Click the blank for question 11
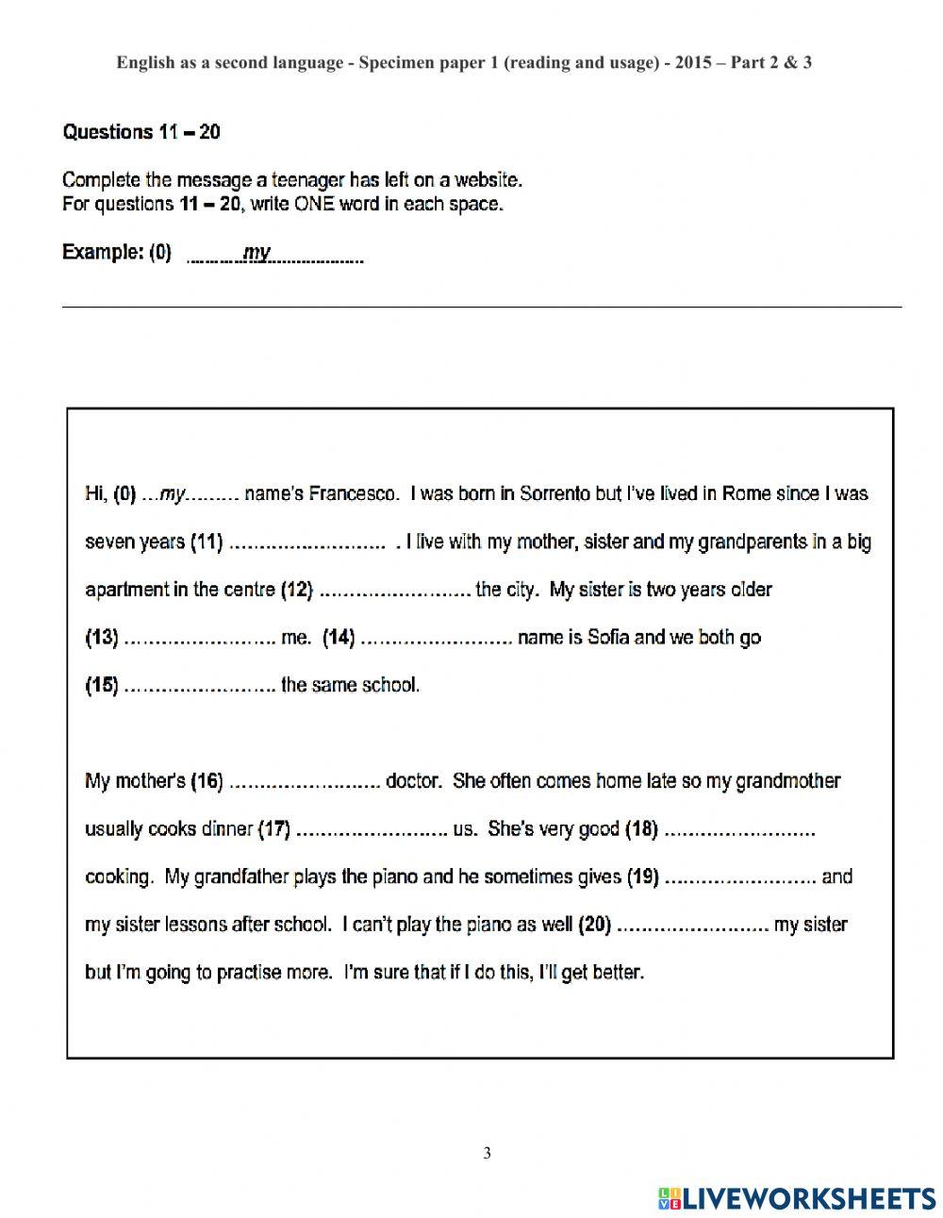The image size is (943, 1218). (307, 543)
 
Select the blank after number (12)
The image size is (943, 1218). (395, 592)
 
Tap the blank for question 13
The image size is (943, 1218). (199, 640)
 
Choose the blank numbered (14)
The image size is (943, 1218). (436, 640)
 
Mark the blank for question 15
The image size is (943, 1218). (199, 687)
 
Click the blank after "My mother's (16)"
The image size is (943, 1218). (304, 782)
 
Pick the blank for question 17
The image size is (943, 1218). (371, 830)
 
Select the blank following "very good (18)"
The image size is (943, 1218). (739, 830)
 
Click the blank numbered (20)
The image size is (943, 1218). (692, 926)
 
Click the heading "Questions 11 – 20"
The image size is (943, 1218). (141, 132)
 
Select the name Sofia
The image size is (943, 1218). (608, 638)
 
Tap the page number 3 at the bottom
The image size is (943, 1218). (487, 1153)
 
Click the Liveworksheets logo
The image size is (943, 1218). (797, 1198)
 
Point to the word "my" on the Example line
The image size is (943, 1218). (256, 252)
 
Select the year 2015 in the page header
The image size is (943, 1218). (693, 63)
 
